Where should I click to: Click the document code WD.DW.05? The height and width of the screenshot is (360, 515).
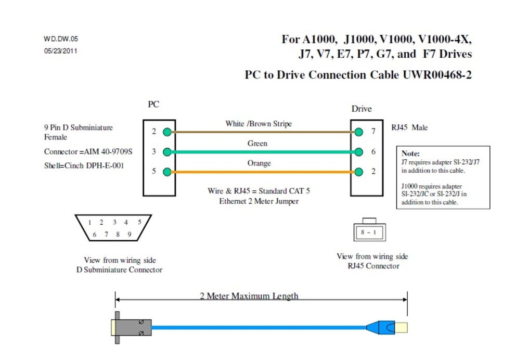tap(61, 39)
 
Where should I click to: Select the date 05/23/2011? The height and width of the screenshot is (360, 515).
tap(61, 51)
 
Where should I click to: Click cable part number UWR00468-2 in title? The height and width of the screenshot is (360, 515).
tap(437, 75)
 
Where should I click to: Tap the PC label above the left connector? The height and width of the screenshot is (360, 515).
tap(153, 105)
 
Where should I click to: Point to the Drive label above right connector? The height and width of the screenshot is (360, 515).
tap(362, 109)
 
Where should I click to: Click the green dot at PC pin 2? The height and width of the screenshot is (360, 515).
tap(166, 132)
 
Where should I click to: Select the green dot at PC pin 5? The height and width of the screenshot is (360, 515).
tap(166, 172)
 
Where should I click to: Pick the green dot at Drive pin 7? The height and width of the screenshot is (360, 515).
tap(359, 132)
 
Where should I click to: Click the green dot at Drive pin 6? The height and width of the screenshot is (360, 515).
tap(359, 152)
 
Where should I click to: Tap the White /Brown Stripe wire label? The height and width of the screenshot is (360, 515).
tap(259, 124)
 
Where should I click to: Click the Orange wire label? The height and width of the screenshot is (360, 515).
tap(259, 163)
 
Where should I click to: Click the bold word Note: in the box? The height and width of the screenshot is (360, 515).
tap(410, 154)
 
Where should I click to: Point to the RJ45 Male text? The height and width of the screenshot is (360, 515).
tap(409, 127)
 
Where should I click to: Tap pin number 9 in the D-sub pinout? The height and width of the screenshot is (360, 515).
tap(130, 235)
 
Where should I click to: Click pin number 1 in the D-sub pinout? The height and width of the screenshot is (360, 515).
tap(89, 222)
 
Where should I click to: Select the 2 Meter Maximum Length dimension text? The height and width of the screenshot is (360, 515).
tap(249, 296)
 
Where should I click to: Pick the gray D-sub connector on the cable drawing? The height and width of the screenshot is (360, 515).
tap(133, 327)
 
